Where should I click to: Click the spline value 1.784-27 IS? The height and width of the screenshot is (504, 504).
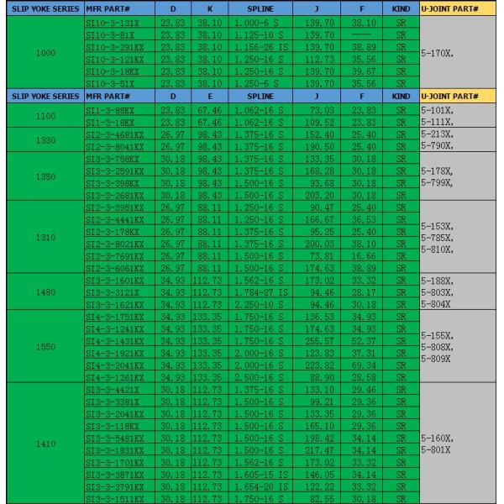click(260, 292)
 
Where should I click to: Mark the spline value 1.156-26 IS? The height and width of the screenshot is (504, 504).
click(260, 48)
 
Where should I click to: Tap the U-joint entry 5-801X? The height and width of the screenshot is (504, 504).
click(437, 450)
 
